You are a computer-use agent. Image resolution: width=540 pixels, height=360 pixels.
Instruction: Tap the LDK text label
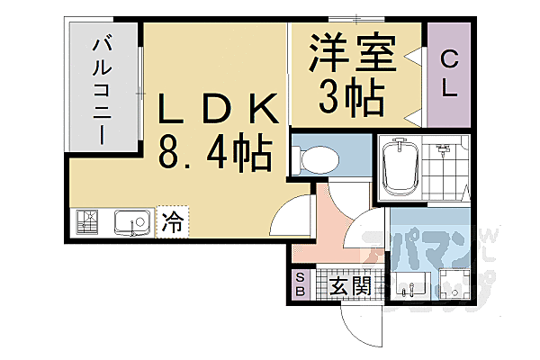(x=218, y=109)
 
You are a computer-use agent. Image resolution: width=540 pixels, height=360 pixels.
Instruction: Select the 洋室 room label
(x=353, y=51)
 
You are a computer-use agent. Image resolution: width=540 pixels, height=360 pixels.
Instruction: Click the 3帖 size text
(x=351, y=95)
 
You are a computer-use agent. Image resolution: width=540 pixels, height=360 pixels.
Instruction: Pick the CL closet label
(x=449, y=73)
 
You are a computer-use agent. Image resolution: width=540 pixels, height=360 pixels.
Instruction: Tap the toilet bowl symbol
(x=316, y=159)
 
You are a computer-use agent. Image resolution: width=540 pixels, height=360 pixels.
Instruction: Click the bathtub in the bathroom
(x=400, y=166)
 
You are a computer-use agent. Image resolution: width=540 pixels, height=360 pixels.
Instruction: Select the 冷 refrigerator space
(x=172, y=222)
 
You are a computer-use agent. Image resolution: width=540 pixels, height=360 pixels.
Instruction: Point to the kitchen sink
(x=132, y=222)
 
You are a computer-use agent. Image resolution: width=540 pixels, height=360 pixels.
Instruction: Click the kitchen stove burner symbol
(x=86, y=222)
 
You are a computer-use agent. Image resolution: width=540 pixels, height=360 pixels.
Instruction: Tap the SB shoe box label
(x=301, y=283)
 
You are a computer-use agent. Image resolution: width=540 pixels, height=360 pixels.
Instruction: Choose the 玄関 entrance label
(x=350, y=286)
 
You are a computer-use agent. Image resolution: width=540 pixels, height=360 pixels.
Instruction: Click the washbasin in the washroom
(x=411, y=283)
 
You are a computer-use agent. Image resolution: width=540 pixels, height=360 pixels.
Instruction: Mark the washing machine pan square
(x=454, y=284)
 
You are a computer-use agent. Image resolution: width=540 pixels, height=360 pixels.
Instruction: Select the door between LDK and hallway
(x=291, y=213)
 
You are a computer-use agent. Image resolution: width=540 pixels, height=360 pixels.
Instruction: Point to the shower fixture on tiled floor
(x=442, y=150)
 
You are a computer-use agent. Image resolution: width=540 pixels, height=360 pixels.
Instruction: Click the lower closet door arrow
(x=412, y=118)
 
